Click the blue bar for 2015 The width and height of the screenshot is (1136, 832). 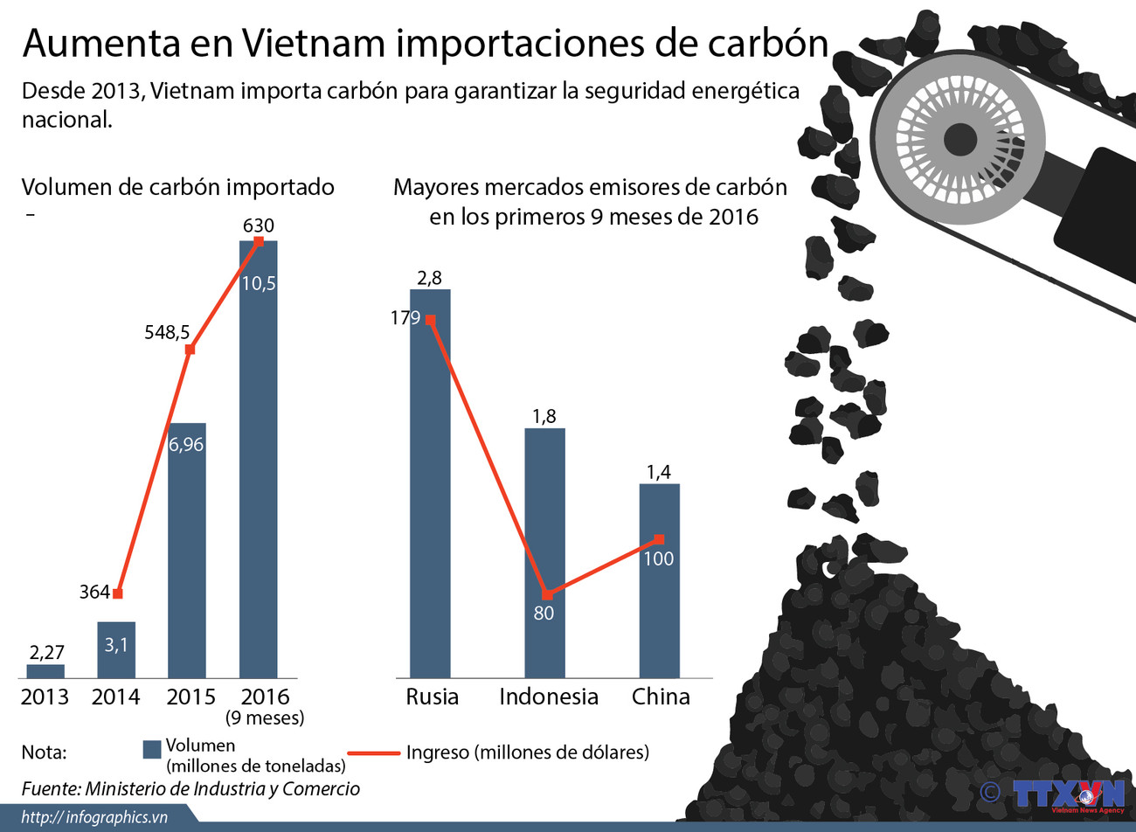(186, 551)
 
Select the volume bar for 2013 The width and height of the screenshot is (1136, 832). (45, 671)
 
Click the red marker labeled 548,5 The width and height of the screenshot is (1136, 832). (190, 350)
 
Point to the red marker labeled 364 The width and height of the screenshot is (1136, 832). (118, 593)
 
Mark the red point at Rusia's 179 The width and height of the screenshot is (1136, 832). (430, 320)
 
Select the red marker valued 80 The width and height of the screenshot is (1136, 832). (547, 595)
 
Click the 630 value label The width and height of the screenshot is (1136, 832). (258, 225)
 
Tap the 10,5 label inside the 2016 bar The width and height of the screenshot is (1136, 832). (259, 283)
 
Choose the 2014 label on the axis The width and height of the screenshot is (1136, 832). (115, 697)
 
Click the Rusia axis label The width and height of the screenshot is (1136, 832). (432, 697)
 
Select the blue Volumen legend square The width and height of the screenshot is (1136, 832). (152, 749)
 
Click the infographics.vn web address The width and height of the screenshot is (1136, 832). (94, 817)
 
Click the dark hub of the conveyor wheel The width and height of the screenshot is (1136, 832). (959, 139)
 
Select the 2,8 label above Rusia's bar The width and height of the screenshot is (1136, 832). (429, 278)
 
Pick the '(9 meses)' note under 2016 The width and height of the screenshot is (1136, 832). (265, 718)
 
